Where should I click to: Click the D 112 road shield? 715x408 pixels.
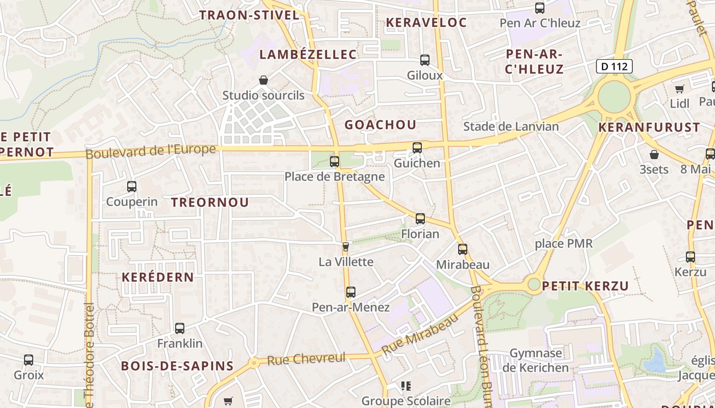[x=614, y=66]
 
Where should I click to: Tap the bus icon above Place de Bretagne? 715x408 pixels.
[x=335, y=162]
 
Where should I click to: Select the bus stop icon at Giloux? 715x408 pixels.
[x=425, y=60]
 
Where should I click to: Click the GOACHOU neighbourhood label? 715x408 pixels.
[x=380, y=124]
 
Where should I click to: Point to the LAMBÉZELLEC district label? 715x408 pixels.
[x=308, y=55]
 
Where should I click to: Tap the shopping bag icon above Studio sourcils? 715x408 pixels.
[x=264, y=80]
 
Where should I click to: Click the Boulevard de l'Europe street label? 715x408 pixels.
[x=151, y=151]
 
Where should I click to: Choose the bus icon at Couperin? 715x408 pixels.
[x=132, y=187]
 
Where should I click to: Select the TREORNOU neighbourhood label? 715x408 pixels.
[x=210, y=202]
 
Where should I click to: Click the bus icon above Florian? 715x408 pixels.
[x=420, y=219]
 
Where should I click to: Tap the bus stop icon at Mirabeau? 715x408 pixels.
[x=463, y=249]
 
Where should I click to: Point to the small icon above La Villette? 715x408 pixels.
[x=346, y=247]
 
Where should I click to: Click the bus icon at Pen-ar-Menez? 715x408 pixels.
[x=350, y=292]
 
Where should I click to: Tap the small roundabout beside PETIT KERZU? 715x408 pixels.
[x=534, y=285]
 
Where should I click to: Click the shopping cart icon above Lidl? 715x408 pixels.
[x=679, y=89]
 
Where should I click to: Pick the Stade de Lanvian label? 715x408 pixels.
[x=511, y=126]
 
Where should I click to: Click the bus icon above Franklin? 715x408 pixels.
[x=180, y=328]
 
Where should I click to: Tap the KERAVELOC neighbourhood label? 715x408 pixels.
[x=426, y=22]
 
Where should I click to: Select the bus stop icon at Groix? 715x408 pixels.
[x=29, y=360]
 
